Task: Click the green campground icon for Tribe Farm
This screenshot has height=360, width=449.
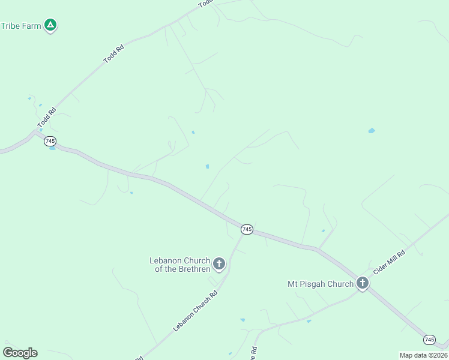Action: coord(51,25)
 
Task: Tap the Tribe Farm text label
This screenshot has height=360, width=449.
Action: coord(21,26)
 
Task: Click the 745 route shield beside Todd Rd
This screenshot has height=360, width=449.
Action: coord(50,140)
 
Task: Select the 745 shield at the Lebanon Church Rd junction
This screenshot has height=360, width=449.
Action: coord(247,229)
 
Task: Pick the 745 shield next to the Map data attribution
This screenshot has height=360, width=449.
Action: coord(429,340)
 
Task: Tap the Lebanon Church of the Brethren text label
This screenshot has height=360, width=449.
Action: coord(179,265)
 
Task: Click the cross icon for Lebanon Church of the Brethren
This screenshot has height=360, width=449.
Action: coord(219,263)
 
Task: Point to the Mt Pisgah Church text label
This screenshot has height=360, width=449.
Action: coord(321,284)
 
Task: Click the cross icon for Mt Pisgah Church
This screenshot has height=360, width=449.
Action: coord(362,283)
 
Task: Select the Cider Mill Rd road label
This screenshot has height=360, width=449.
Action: coord(389,263)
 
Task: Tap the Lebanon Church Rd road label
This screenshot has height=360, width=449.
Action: coord(195,311)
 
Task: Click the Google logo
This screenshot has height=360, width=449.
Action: coord(20,353)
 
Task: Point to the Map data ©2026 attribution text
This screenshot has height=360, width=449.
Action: coord(424,355)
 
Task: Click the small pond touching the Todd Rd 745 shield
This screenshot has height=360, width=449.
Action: coord(53,148)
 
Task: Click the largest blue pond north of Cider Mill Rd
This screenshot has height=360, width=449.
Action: coord(372,130)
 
